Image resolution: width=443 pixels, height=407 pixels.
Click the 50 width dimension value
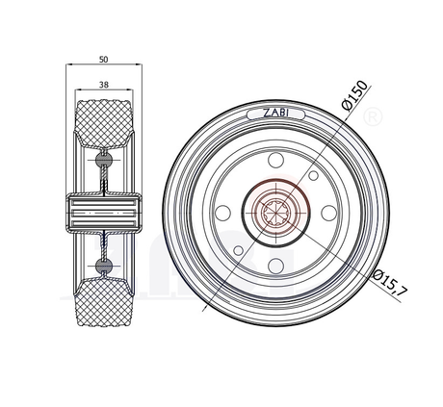pos(104,60)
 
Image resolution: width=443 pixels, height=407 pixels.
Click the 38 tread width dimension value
pos(104,85)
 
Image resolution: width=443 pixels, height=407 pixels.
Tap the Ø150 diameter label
pos(354,95)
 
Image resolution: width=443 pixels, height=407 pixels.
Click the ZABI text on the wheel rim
pos(275,113)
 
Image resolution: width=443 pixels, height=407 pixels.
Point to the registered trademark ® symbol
pos(373,116)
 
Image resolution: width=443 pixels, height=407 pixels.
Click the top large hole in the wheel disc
pos(275,160)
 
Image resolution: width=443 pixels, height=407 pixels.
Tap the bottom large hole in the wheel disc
pos(275,266)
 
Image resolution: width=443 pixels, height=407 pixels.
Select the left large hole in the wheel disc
pos(222,213)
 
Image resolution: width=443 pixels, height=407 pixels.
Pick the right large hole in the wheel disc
pos(329,213)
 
